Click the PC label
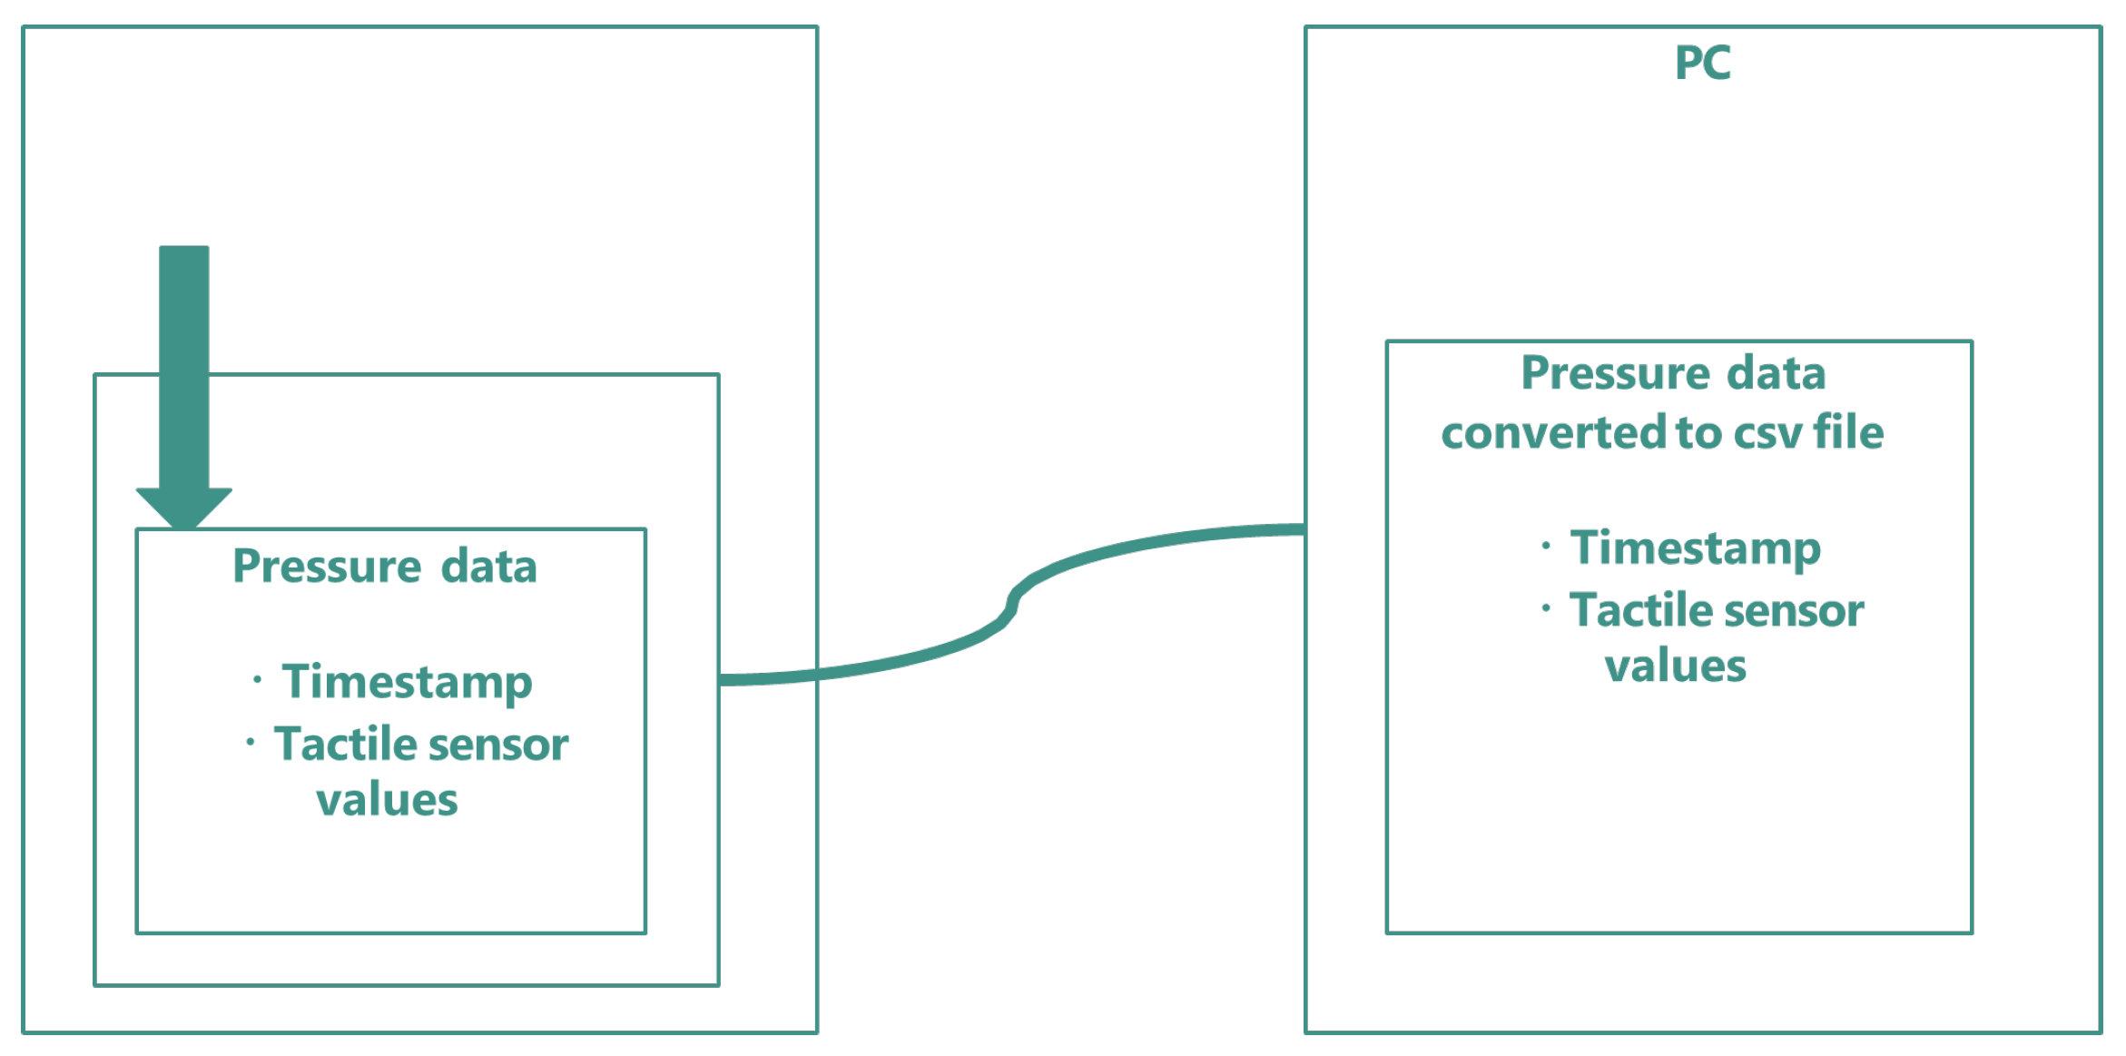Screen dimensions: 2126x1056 (x=1702, y=64)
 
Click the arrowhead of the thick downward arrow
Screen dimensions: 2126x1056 (x=184, y=507)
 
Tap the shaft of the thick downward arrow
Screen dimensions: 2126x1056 (x=184, y=363)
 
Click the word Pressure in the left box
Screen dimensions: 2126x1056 (x=327, y=567)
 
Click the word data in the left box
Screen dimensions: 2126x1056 (x=489, y=567)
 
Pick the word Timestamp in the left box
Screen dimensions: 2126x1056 (x=407, y=682)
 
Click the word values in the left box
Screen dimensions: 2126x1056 (x=387, y=800)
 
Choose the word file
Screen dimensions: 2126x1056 (x=1848, y=432)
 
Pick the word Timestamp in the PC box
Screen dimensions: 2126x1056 (x=1695, y=548)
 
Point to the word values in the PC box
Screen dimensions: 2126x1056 (x=1675, y=666)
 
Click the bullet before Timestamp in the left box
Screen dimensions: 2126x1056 (x=258, y=678)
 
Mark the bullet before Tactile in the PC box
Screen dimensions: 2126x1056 (x=1546, y=607)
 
